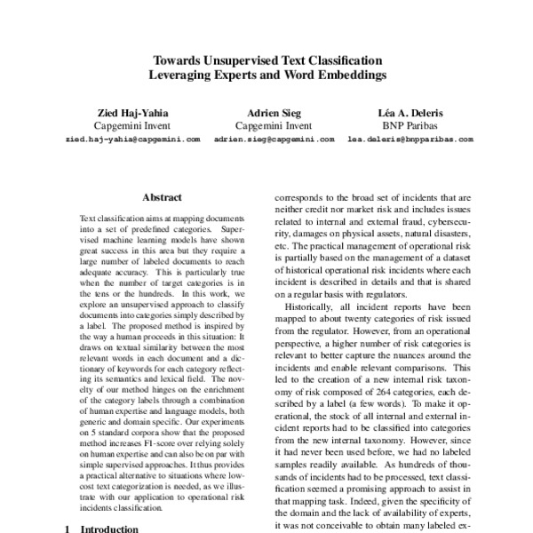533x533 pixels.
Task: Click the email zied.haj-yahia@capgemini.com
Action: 132,139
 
